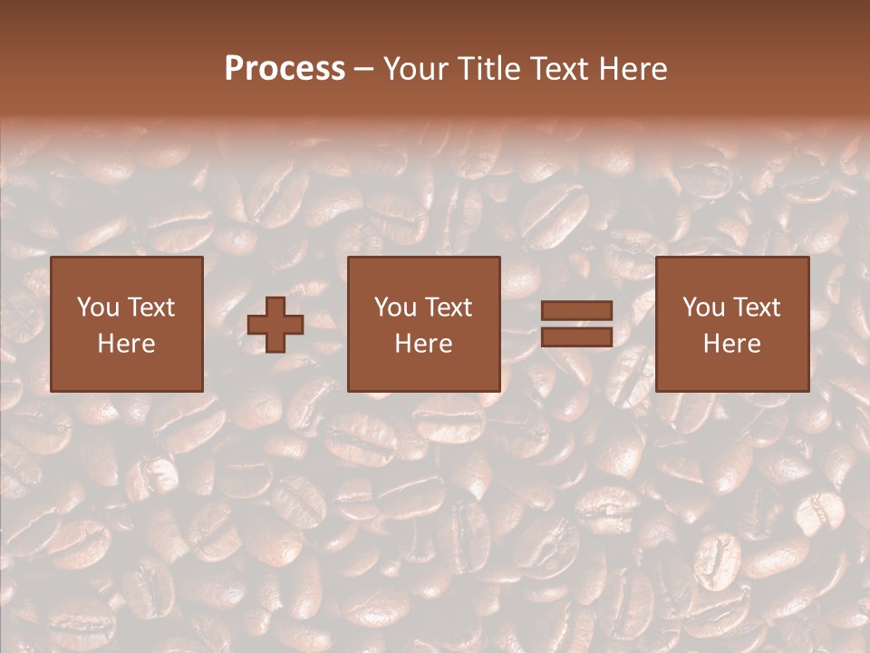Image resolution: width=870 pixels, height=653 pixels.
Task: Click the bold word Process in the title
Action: (x=285, y=69)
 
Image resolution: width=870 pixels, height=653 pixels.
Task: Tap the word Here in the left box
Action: (x=127, y=344)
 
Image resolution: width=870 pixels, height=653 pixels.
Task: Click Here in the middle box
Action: (x=424, y=344)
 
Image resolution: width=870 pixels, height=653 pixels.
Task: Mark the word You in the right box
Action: (x=703, y=307)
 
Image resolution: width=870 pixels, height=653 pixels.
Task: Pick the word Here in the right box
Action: (x=732, y=344)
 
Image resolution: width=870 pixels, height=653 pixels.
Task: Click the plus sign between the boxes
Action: (x=275, y=324)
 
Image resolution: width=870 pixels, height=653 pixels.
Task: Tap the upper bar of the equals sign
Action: (x=576, y=310)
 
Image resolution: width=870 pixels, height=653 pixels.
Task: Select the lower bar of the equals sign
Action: (x=576, y=336)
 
